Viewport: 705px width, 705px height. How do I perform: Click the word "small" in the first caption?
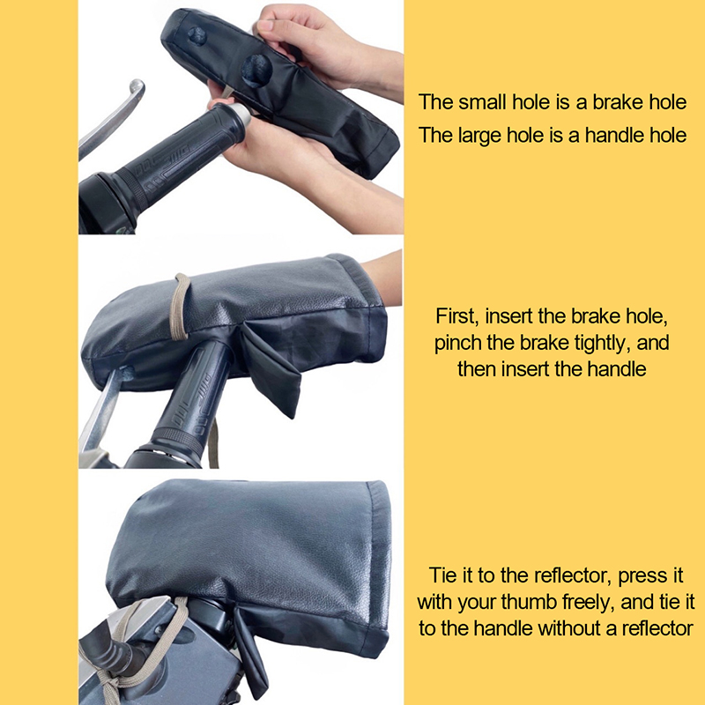[482, 102]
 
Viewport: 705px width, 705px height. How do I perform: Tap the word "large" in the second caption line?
[479, 135]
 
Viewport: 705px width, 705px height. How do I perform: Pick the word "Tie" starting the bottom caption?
[442, 575]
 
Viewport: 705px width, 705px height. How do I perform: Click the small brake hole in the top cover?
[197, 35]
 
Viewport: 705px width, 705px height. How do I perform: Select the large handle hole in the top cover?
[256, 70]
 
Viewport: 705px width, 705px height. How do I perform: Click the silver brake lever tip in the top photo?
[137, 86]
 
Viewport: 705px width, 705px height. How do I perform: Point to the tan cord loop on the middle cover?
[180, 307]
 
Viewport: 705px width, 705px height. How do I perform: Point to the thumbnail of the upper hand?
[267, 25]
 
